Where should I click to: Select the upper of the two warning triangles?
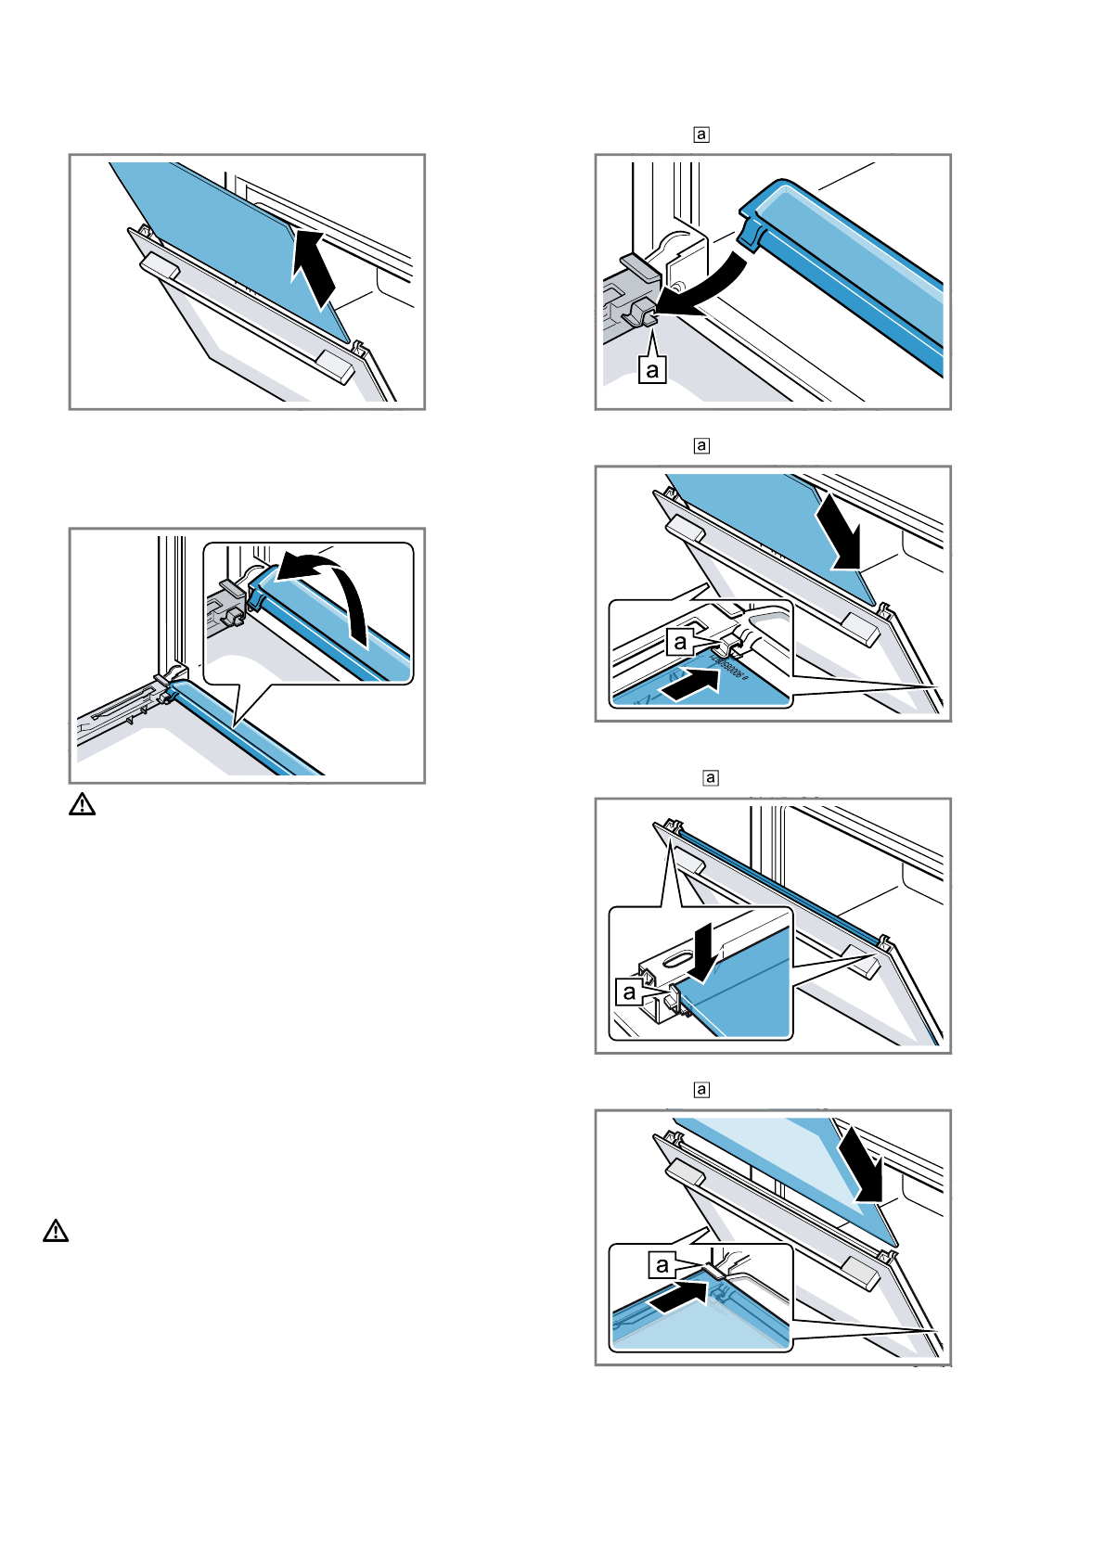click(82, 804)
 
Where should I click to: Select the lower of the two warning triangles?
click(56, 1231)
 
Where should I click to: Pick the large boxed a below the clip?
click(653, 370)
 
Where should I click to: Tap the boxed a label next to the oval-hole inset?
click(630, 992)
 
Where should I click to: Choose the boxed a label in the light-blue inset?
click(662, 1264)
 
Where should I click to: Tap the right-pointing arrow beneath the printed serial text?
click(692, 685)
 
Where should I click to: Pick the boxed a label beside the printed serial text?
click(681, 641)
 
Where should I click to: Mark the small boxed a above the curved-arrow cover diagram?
click(701, 134)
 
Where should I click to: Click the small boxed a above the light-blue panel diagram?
click(701, 1090)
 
